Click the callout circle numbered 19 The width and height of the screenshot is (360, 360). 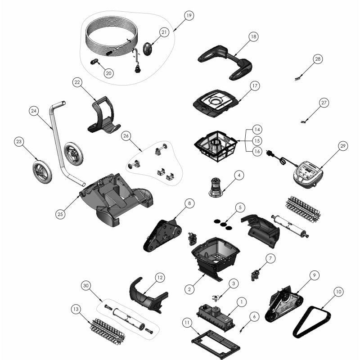(x=189, y=15)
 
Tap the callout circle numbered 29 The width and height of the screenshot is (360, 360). (x=342, y=146)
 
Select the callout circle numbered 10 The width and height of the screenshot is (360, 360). (x=339, y=292)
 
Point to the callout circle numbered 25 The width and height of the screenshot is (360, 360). (x=60, y=214)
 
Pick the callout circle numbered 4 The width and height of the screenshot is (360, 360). (x=239, y=175)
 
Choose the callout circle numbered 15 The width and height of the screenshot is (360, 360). (x=257, y=140)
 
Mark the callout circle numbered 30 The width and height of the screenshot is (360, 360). (x=86, y=286)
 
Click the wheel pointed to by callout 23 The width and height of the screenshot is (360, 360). (x=42, y=172)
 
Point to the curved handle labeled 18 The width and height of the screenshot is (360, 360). (x=225, y=62)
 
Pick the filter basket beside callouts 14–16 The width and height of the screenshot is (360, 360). (x=216, y=146)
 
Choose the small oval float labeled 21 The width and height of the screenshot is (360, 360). (x=148, y=49)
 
